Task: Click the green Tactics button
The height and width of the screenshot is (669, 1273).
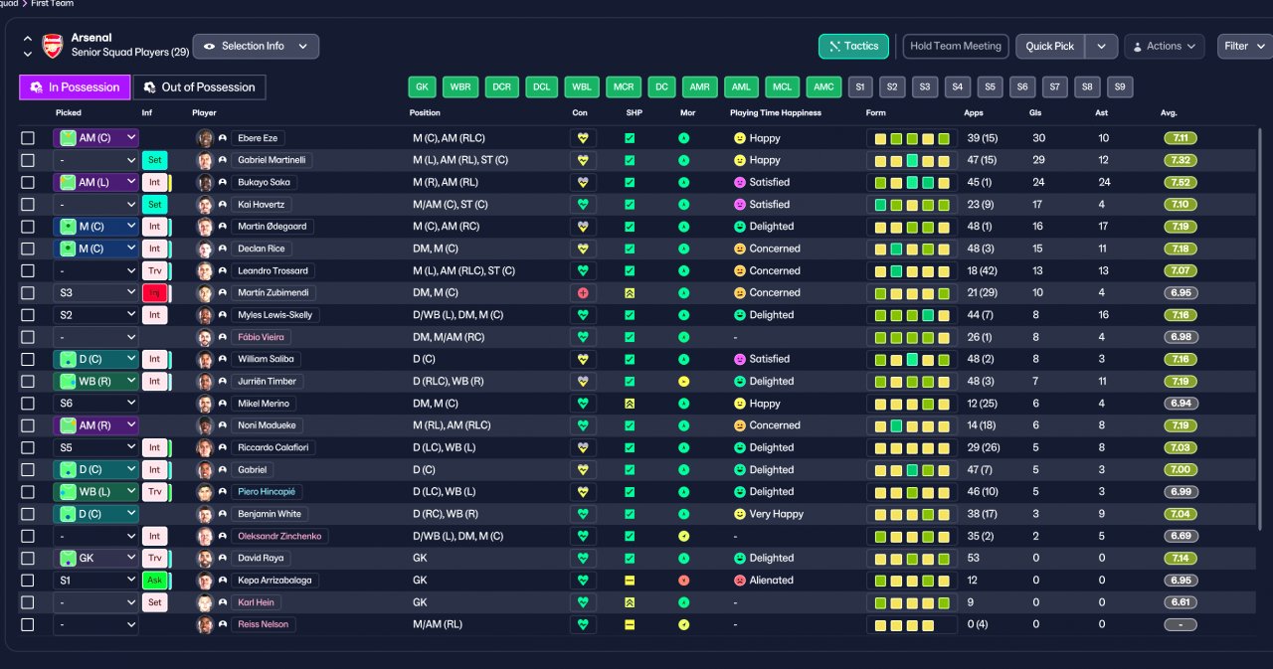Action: coord(853,46)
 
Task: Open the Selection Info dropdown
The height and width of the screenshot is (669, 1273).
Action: coord(256,46)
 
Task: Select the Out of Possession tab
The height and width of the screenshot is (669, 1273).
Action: coord(200,86)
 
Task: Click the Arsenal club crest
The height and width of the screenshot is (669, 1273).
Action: coord(53,46)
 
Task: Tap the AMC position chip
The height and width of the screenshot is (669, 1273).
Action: coord(823,86)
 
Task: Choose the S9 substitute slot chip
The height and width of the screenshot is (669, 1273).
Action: coord(1120,86)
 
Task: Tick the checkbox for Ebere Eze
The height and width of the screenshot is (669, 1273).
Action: coord(27,138)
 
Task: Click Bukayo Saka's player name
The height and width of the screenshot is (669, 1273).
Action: coord(264,182)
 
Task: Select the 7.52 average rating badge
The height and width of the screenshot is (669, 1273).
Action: coord(1181,182)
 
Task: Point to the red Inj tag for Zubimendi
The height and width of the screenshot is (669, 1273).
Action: coord(154,293)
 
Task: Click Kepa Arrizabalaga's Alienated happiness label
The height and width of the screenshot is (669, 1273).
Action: coord(771,580)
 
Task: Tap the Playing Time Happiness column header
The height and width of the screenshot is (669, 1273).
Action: coord(775,112)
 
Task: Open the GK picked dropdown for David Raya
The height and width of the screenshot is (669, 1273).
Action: coord(96,558)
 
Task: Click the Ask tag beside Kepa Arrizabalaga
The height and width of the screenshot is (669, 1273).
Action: coord(154,580)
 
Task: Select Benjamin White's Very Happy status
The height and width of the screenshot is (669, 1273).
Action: coord(777,514)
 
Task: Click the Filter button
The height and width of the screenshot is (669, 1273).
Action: coord(1244,46)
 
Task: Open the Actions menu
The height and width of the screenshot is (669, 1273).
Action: coord(1164,46)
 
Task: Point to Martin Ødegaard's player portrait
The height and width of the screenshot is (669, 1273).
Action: coord(205,227)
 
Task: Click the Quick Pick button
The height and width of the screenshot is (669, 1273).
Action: coord(1049,46)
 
